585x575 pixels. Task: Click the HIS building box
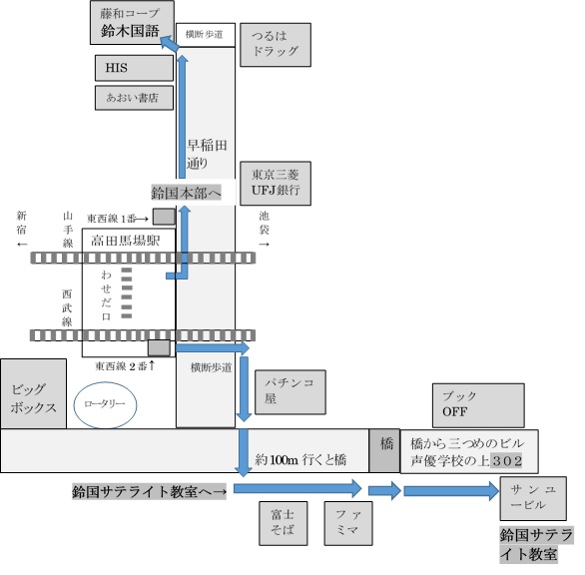134,68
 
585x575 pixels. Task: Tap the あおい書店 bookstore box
134,98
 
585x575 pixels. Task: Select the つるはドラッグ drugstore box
276,45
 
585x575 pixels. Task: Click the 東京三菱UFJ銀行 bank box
276,184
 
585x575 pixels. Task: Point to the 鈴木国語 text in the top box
130,31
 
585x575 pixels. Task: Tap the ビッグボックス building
34,393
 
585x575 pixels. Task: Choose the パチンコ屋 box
291,392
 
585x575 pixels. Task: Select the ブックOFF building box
478,405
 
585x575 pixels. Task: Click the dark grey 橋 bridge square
384,451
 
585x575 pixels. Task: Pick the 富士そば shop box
284,523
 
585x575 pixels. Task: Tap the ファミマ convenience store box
348,523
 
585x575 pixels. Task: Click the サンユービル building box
533,498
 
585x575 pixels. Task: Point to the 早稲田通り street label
207,154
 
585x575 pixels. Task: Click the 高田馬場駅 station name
126,241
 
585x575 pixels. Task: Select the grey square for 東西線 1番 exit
164,217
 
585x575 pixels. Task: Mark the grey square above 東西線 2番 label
159,347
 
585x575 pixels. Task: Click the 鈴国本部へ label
186,193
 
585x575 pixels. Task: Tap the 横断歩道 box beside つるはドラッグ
206,35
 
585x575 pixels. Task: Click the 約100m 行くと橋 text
300,459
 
